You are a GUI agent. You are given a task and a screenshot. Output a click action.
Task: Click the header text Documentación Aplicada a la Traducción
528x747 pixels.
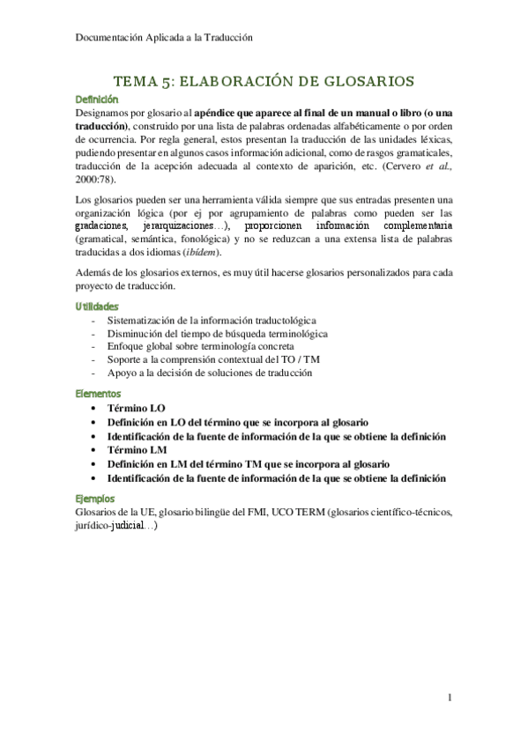[x=160, y=38]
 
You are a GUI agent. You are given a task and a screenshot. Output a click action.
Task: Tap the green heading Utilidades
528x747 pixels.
[x=97, y=306]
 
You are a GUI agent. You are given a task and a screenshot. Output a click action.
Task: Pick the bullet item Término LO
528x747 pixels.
[x=136, y=410]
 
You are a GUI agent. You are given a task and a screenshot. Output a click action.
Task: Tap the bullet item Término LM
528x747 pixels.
[x=137, y=449]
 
